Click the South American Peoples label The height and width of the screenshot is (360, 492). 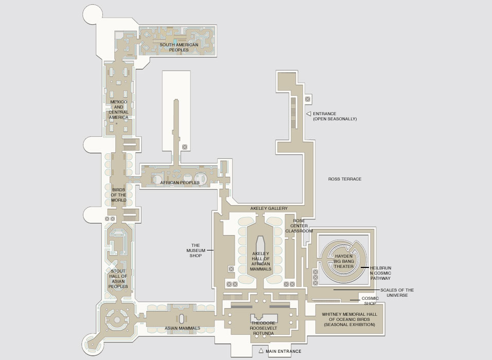[179, 47]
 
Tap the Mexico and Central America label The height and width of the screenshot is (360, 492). [119, 110]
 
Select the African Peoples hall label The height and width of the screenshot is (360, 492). [180, 183]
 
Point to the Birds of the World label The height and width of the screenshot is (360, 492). [119, 195]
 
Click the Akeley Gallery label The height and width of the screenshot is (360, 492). [269, 208]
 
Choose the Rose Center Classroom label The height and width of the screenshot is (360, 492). [299, 226]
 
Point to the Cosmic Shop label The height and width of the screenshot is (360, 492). [370, 300]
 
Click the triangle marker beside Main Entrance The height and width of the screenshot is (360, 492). [261, 351]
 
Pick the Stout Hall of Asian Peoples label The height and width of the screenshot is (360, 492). [119, 278]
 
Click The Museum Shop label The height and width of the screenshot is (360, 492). [196, 250]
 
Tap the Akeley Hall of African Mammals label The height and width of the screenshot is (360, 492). [260, 261]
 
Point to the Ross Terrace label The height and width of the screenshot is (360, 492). [345, 179]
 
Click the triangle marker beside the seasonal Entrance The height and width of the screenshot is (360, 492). [308, 113]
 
